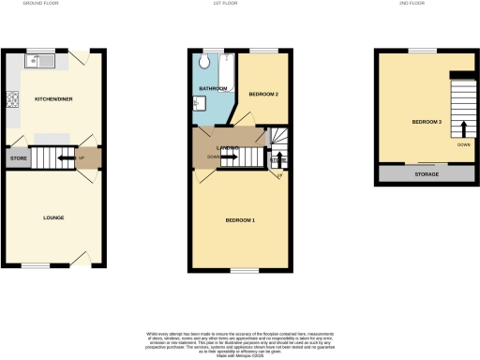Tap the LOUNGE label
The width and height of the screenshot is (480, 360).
coord(52,217)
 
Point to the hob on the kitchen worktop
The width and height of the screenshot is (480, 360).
coord(13,97)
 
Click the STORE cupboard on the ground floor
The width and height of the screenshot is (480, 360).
coord(20,159)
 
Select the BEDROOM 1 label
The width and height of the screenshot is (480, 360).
coord(240,220)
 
